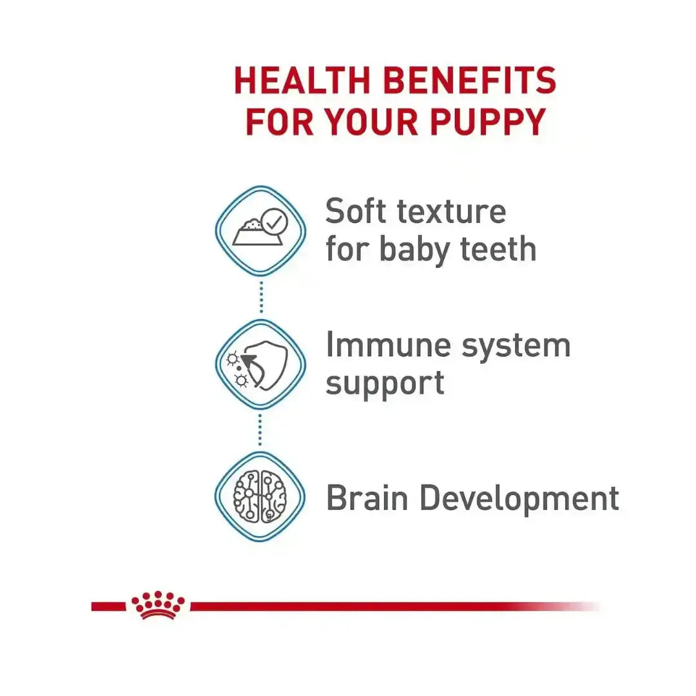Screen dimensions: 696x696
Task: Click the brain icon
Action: click(x=260, y=496)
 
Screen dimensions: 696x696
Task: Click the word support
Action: click(x=385, y=383)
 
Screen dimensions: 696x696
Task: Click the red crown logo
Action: click(x=158, y=605)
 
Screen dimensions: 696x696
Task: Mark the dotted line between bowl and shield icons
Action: click(x=260, y=298)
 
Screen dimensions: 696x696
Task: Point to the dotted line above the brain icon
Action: click(x=260, y=430)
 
